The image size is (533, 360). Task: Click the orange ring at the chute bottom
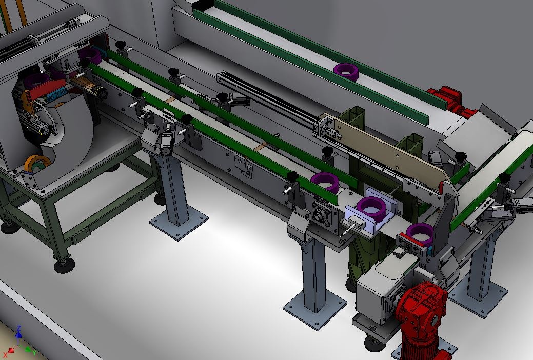click(x=37, y=163)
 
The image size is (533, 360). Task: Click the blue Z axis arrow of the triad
click(x=19, y=334)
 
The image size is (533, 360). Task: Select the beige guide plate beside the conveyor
click(x=384, y=149)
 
